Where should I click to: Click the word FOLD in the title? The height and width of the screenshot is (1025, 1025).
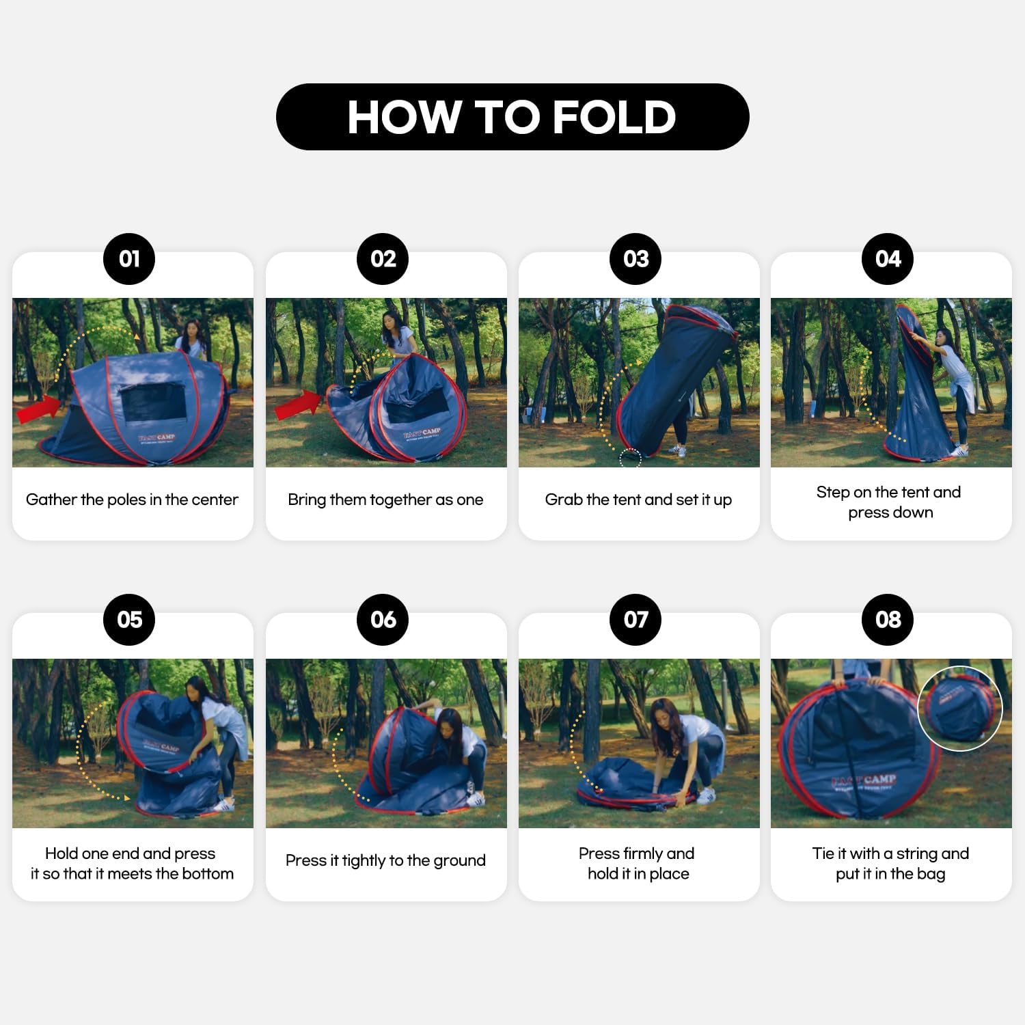[614, 117]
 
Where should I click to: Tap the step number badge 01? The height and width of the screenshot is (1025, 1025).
[129, 259]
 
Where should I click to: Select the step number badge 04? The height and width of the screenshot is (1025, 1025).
[888, 259]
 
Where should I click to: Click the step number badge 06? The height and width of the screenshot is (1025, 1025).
[383, 620]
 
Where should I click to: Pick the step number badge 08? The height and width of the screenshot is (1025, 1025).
[888, 620]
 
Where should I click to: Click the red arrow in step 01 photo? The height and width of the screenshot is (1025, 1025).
[39, 409]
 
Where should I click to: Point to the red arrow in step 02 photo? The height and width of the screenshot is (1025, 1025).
[297, 405]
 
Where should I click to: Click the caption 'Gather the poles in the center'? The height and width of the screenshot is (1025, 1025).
[132, 500]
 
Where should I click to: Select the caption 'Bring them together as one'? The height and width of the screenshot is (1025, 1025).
[385, 500]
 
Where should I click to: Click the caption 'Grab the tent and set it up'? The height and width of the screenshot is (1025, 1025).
[638, 500]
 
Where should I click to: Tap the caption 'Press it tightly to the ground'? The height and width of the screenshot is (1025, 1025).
[385, 860]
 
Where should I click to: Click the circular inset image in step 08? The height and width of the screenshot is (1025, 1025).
[959, 709]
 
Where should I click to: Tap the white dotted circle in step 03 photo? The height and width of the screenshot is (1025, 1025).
[630, 457]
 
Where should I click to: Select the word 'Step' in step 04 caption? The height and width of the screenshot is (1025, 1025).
[833, 493]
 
